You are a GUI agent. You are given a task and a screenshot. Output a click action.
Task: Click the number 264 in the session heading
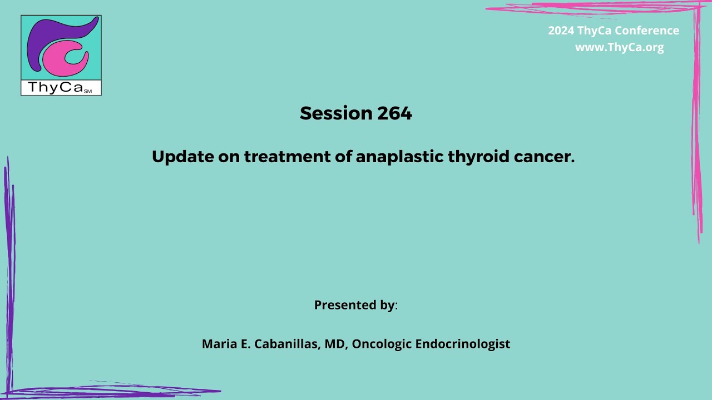(x=394, y=113)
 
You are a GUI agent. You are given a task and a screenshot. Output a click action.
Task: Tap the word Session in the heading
(x=336, y=113)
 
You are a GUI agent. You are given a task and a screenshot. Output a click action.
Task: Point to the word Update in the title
(x=182, y=157)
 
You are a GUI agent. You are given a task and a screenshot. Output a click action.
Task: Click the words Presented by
(x=354, y=305)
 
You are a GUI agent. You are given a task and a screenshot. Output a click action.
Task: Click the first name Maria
(x=219, y=344)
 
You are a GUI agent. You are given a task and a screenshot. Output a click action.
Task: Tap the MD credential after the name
(x=336, y=344)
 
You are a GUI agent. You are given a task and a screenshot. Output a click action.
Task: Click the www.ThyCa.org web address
(x=619, y=48)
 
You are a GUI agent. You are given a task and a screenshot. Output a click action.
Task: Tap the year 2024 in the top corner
(x=561, y=31)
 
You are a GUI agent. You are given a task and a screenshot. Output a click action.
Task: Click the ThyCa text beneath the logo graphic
(x=54, y=88)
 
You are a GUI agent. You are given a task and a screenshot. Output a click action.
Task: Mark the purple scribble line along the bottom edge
(x=111, y=391)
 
